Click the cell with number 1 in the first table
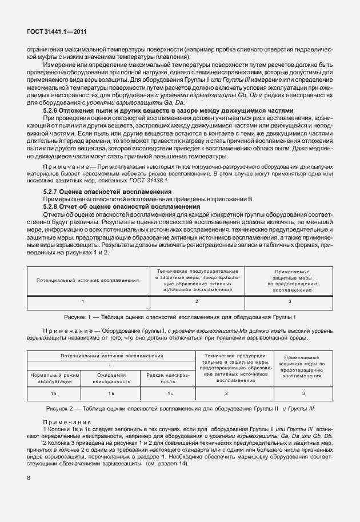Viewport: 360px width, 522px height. coord(83,301)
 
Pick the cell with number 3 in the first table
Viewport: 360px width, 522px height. coord(290,301)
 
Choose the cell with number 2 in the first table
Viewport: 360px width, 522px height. coord(197,301)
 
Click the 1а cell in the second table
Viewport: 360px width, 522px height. coord(53,393)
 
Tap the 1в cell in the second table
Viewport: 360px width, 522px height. coord(113,393)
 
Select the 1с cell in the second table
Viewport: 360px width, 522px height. coord(170,393)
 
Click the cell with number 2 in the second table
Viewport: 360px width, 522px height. coord(227,393)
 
